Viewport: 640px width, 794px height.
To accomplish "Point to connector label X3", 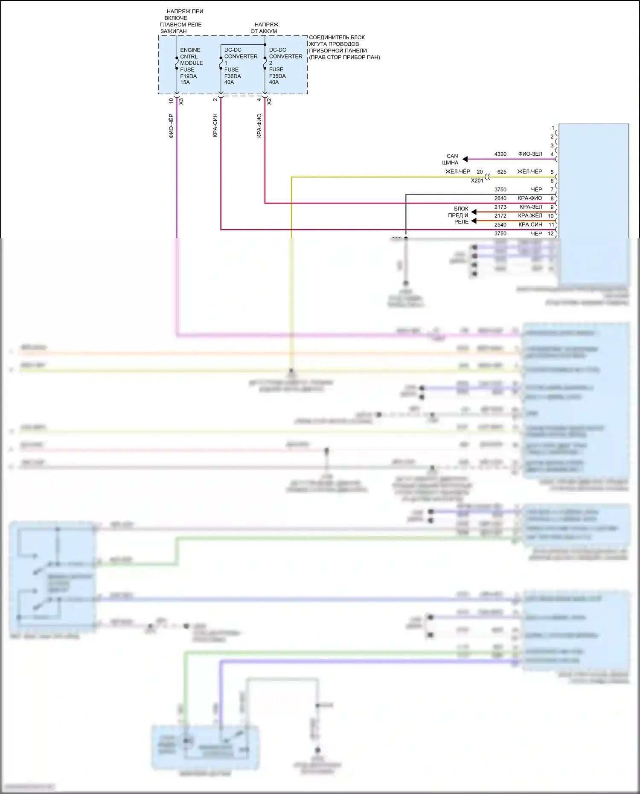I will [x=181, y=102].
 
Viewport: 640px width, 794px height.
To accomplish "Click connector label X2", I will [x=269, y=102].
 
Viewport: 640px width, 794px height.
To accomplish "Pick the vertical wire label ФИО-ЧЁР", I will [x=171, y=126].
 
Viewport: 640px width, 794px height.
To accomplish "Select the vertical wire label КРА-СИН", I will [x=215, y=125].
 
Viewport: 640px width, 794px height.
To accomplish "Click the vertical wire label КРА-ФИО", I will [x=259, y=125].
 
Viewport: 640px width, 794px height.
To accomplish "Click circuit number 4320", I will [x=500, y=154].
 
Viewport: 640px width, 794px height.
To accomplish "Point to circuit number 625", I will [x=502, y=172].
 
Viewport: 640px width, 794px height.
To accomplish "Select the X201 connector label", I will [x=477, y=180].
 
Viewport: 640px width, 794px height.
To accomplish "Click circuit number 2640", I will [x=500, y=198].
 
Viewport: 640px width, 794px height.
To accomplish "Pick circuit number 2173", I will [x=500, y=207].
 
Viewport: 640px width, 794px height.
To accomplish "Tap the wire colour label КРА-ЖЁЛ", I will [x=530, y=216].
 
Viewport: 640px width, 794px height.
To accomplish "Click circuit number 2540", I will [x=500, y=225].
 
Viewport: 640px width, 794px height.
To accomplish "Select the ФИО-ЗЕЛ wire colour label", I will [x=530, y=154].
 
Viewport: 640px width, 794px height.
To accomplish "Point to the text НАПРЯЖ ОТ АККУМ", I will [x=265, y=28].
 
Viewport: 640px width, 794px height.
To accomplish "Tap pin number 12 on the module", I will [x=551, y=233].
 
